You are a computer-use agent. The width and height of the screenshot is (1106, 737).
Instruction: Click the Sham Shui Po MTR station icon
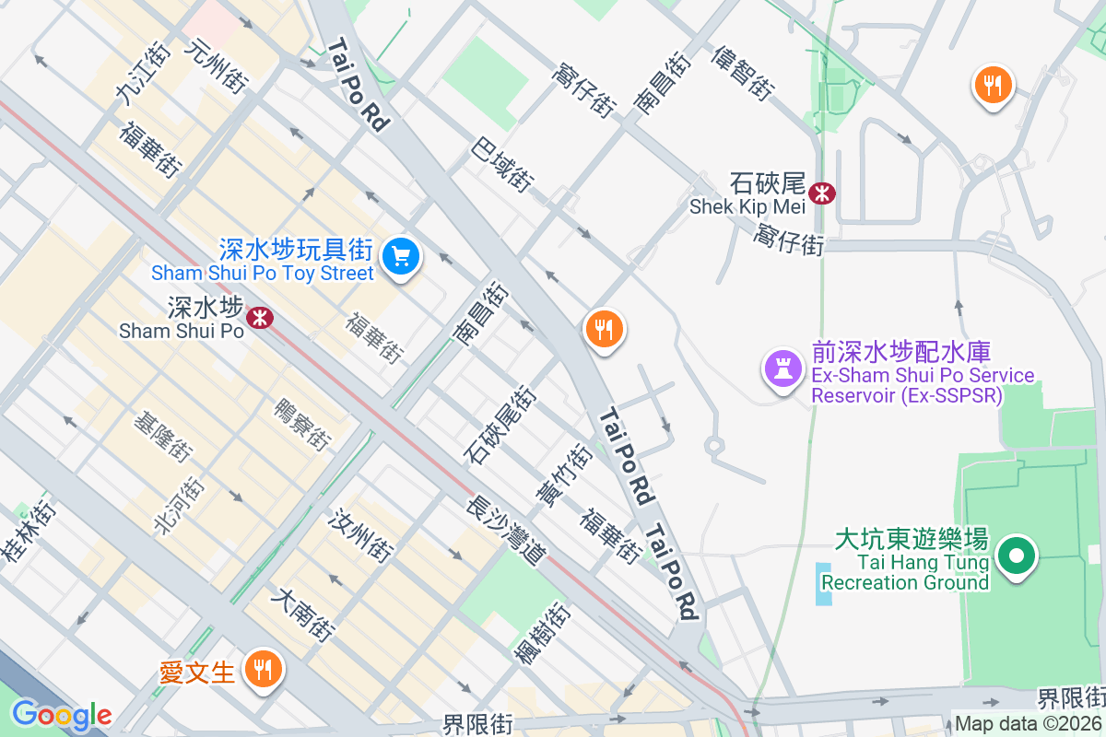point(261,318)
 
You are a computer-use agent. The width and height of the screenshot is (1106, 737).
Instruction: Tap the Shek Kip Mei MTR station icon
point(821,193)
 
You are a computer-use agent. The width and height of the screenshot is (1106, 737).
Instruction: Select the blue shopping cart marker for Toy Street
point(401,255)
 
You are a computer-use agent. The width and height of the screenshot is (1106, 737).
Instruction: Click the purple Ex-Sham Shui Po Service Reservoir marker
point(782,369)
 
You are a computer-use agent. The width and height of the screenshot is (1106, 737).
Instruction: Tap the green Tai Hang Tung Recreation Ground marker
point(1018,556)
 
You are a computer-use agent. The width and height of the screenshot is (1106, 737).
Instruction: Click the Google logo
point(61,714)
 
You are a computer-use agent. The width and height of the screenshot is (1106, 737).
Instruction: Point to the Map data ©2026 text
point(1028,724)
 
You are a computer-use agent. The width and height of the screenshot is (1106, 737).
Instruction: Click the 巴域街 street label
point(502,165)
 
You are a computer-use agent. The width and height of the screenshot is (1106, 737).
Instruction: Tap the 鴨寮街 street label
point(302,425)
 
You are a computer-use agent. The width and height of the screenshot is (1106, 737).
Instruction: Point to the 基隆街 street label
point(163,437)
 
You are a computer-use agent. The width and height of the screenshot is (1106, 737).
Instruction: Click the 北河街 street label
point(178,504)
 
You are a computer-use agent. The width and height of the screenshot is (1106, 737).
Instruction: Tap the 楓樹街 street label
point(542,633)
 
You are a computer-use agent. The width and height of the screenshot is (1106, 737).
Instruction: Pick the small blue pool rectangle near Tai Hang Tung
point(823,583)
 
